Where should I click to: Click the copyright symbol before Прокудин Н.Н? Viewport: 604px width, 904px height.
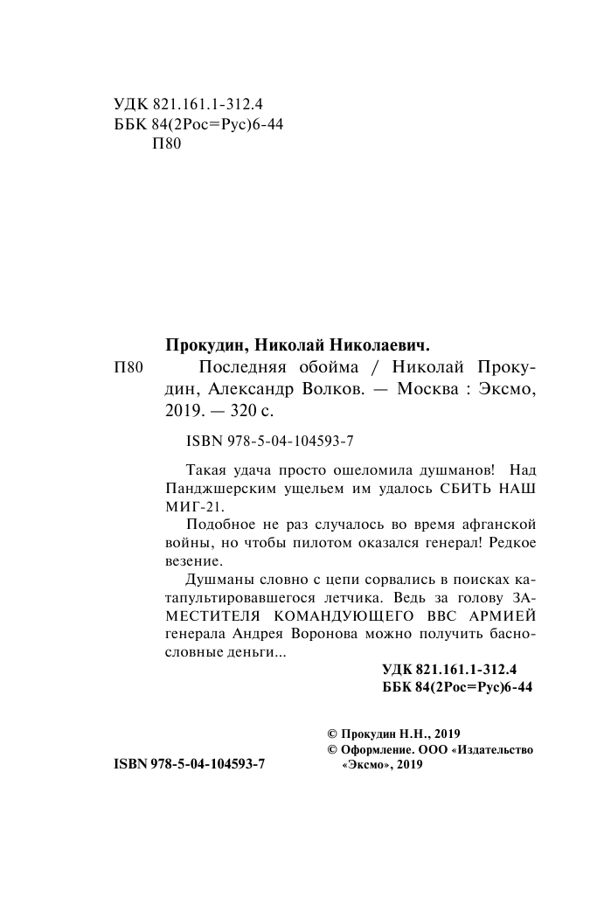(x=331, y=735)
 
